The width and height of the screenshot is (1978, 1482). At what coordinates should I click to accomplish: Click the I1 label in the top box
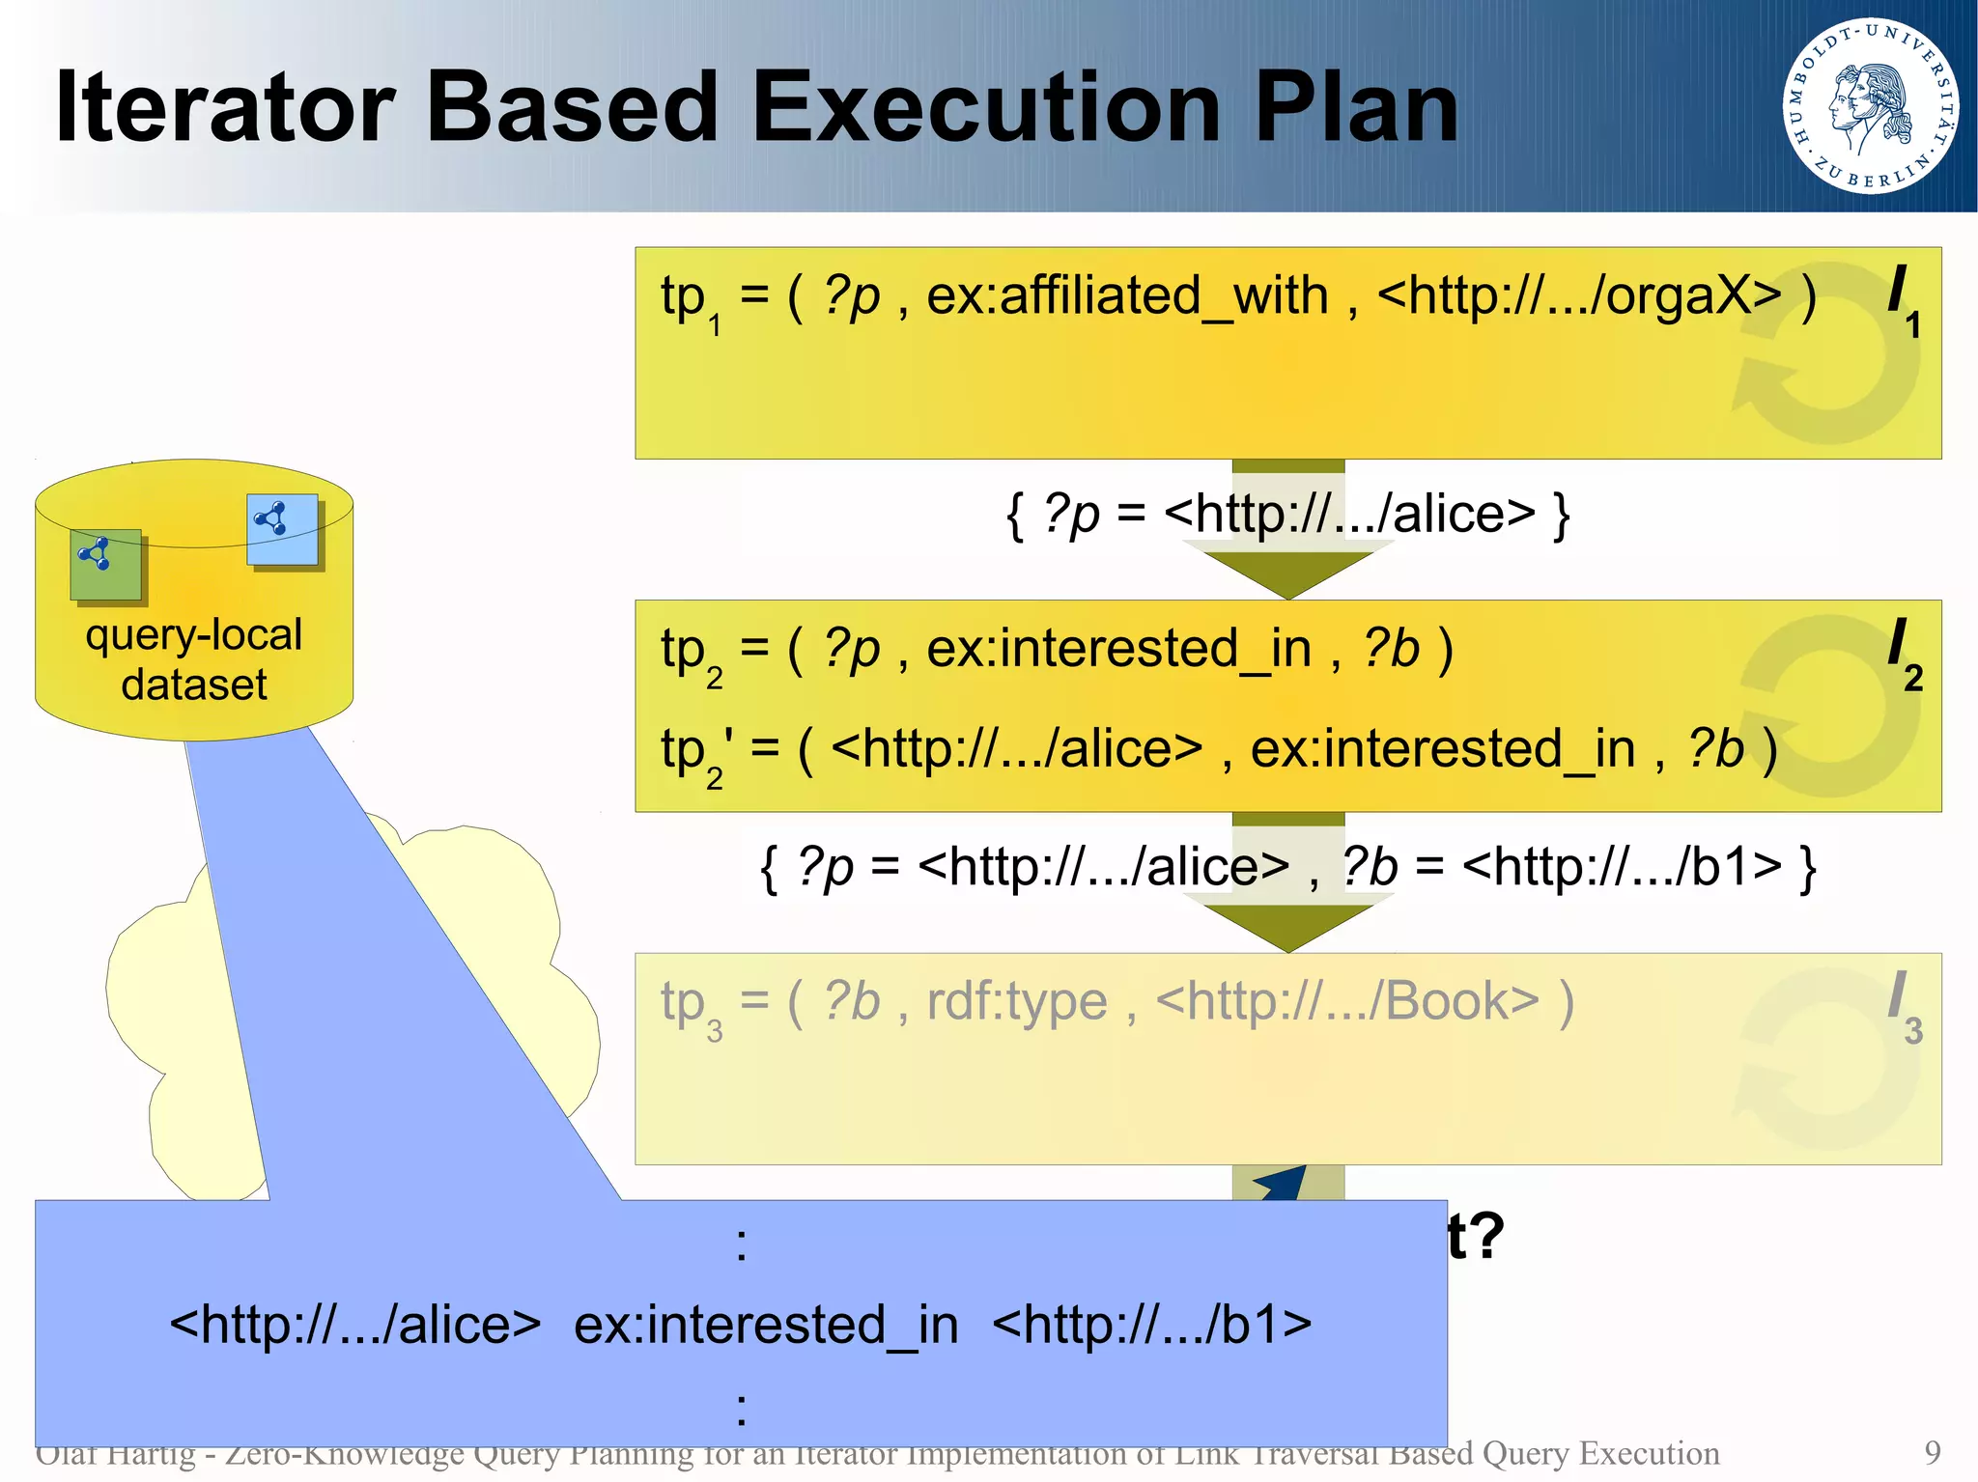(x=1903, y=301)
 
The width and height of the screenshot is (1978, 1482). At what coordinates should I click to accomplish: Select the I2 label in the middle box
(x=1904, y=655)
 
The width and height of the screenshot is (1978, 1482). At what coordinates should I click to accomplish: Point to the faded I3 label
(x=1904, y=1007)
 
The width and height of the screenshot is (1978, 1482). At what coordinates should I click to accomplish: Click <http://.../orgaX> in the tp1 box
(x=1578, y=295)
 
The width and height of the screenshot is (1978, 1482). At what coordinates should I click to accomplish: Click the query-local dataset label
(x=194, y=659)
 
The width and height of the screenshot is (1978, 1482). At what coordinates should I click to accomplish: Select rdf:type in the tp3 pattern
(x=1016, y=1001)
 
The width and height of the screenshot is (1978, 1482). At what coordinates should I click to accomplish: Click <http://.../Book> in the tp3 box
(x=1346, y=1001)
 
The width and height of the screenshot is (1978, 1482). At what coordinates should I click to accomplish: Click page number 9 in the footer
(x=1932, y=1452)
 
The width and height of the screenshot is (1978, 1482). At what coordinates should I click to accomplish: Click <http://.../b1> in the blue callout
(x=1151, y=1325)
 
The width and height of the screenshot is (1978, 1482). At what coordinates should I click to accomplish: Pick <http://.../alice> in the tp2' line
(x=1016, y=748)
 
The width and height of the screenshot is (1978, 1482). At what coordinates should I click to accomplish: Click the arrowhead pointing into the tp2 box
(x=1287, y=574)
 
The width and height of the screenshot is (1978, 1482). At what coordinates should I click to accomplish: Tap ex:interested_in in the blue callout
(x=766, y=1325)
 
